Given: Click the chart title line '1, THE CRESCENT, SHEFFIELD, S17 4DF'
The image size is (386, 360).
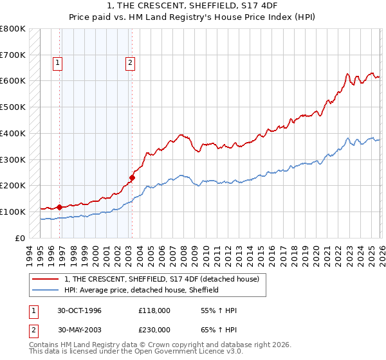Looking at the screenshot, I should tap(192, 6).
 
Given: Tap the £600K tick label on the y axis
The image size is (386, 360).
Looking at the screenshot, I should tap(13, 81).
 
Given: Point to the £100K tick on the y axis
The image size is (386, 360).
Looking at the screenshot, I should tap(13, 212).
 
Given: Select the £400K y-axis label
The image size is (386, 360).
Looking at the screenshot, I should tap(13, 133).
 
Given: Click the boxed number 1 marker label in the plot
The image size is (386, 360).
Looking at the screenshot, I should tap(58, 62).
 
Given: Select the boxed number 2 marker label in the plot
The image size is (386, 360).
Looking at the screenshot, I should tap(130, 62).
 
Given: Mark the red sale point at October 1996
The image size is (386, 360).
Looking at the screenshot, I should tap(60, 207).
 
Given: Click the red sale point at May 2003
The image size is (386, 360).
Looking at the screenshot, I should tap(132, 177).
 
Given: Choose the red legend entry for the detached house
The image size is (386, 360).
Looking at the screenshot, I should tap(161, 279).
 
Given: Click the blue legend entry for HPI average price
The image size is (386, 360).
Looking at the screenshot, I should tap(142, 290).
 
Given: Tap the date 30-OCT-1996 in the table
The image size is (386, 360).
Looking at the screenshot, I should tap(80, 310).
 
